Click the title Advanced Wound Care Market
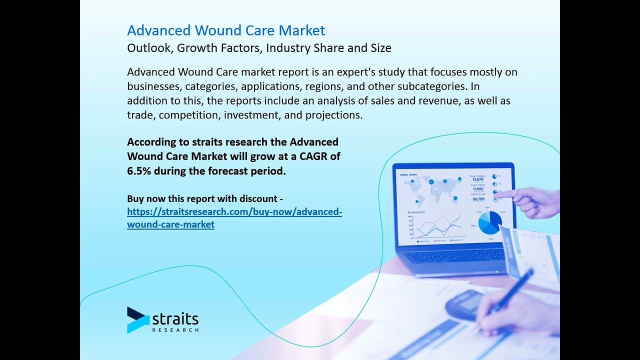pos(226,30)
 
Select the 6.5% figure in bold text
pos(138,171)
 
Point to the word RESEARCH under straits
pos(175,330)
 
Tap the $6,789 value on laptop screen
pos(478,199)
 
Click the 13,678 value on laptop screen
pos(477,179)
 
